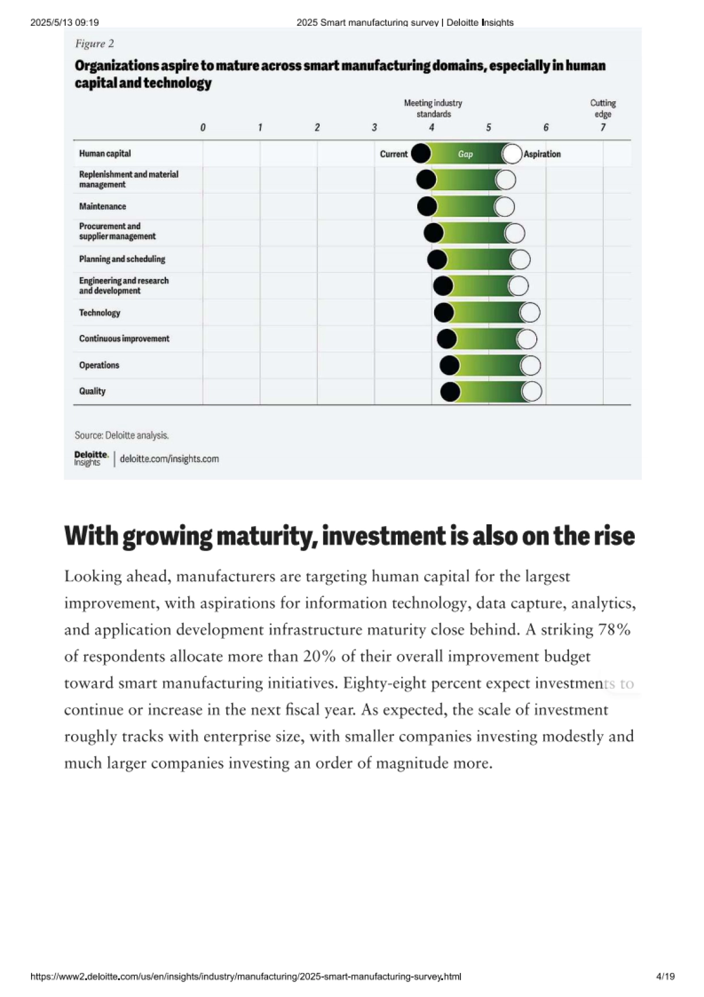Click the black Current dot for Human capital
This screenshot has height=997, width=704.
pyautogui.click(x=421, y=154)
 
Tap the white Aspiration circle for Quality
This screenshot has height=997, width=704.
pyautogui.click(x=532, y=392)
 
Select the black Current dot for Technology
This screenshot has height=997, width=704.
pyautogui.click(x=444, y=312)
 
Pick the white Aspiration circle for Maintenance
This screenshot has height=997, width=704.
pyautogui.click(x=504, y=207)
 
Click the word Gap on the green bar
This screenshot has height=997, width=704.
pyautogui.click(x=465, y=154)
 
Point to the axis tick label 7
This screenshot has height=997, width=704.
pyautogui.click(x=603, y=127)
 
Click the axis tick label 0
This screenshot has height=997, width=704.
pyautogui.click(x=203, y=127)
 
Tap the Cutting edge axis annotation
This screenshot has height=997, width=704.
pyautogui.click(x=603, y=109)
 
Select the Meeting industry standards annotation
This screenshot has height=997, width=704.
pyautogui.click(x=433, y=109)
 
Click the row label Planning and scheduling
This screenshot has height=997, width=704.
pyautogui.click(x=122, y=259)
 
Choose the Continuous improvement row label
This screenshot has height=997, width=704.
pyautogui.click(x=124, y=339)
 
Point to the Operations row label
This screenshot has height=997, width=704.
pyautogui.click(x=99, y=365)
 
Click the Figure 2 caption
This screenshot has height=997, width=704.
pyautogui.click(x=94, y=44)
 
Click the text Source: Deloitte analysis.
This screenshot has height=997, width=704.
pyautogui.click(x=121, y=436)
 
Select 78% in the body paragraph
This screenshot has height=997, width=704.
pyautogui.click(x=614, y=630)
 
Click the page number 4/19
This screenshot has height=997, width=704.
pyautogui.click(x=665, y=976)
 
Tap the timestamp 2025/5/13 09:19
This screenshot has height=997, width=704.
pyautogui.click(x=65, y=22)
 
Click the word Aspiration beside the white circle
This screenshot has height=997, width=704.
pyautogui.click(x=542, y=154)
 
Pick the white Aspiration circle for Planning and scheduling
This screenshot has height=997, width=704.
pyautogui.click(x=520, y=260)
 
